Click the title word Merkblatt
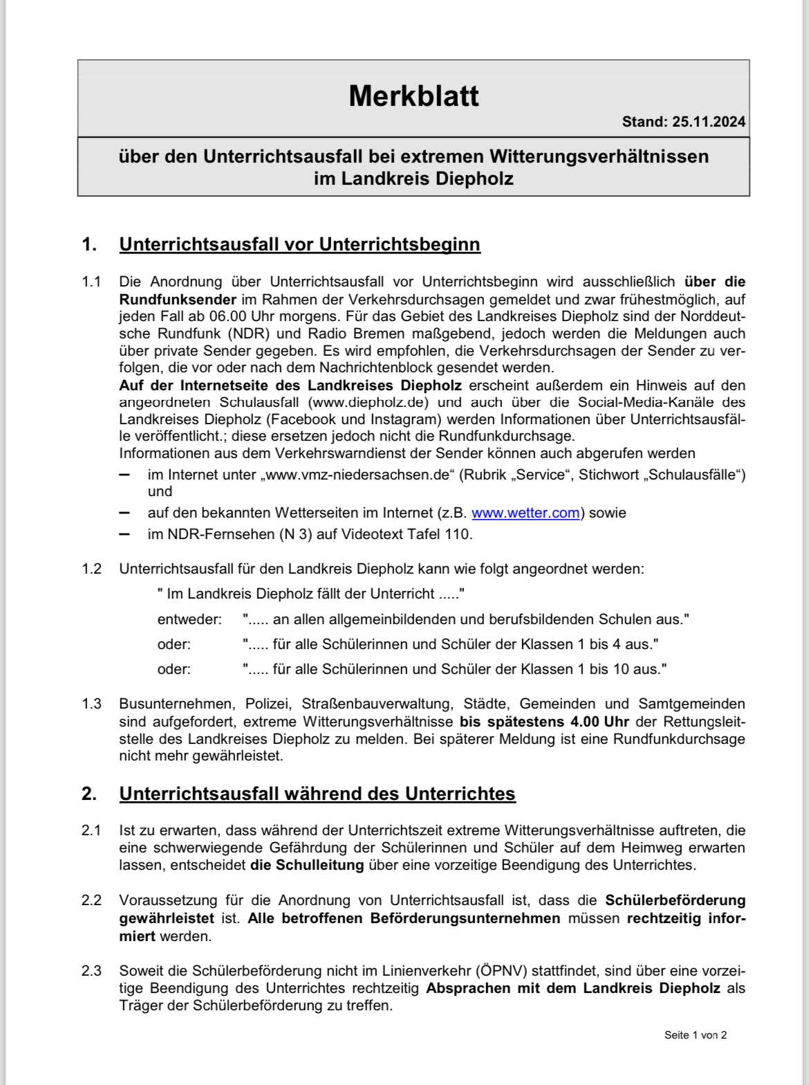[x=413, y=95]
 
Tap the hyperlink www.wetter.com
[x=525, y=513]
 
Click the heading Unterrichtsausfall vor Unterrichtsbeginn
[x=299, y=244]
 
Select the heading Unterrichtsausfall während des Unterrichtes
[x=317, y=793]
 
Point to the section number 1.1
[x=91, y=282]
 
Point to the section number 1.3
[x=91, y=704]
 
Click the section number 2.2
[x=91, y=900]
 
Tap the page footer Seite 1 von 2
[x=695, y=1035]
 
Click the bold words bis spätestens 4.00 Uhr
[x=535, y=721]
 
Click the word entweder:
[x=189, y=619]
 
